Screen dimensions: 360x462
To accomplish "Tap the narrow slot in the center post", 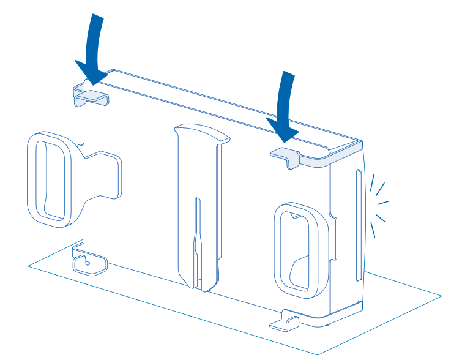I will [x=196, y=239].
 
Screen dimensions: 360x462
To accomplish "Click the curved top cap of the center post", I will [x=202, y=131].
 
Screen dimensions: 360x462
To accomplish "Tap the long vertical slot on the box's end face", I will [x=357, y=227].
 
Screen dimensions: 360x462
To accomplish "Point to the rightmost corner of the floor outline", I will [x=441, y=297].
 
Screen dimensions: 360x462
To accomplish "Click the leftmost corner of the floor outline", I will [x=29, y=266].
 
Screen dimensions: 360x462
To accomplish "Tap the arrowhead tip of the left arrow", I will [x=92, y=83].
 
